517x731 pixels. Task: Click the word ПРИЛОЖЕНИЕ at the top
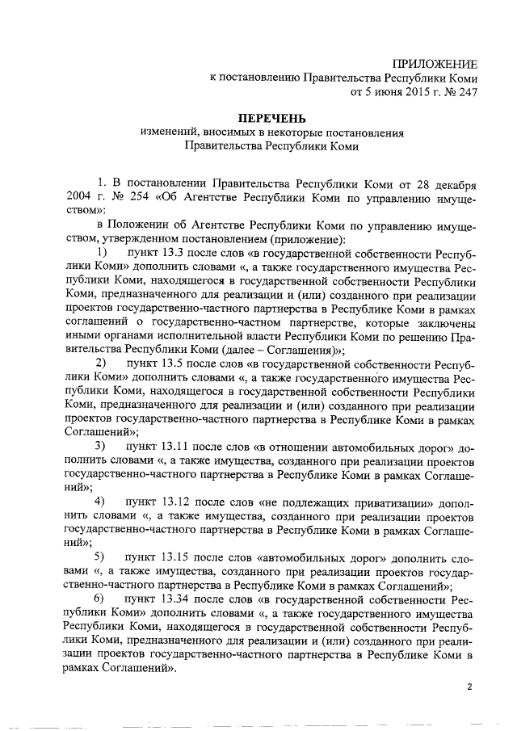(435, 63)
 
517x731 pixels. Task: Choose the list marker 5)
(101, 558)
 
